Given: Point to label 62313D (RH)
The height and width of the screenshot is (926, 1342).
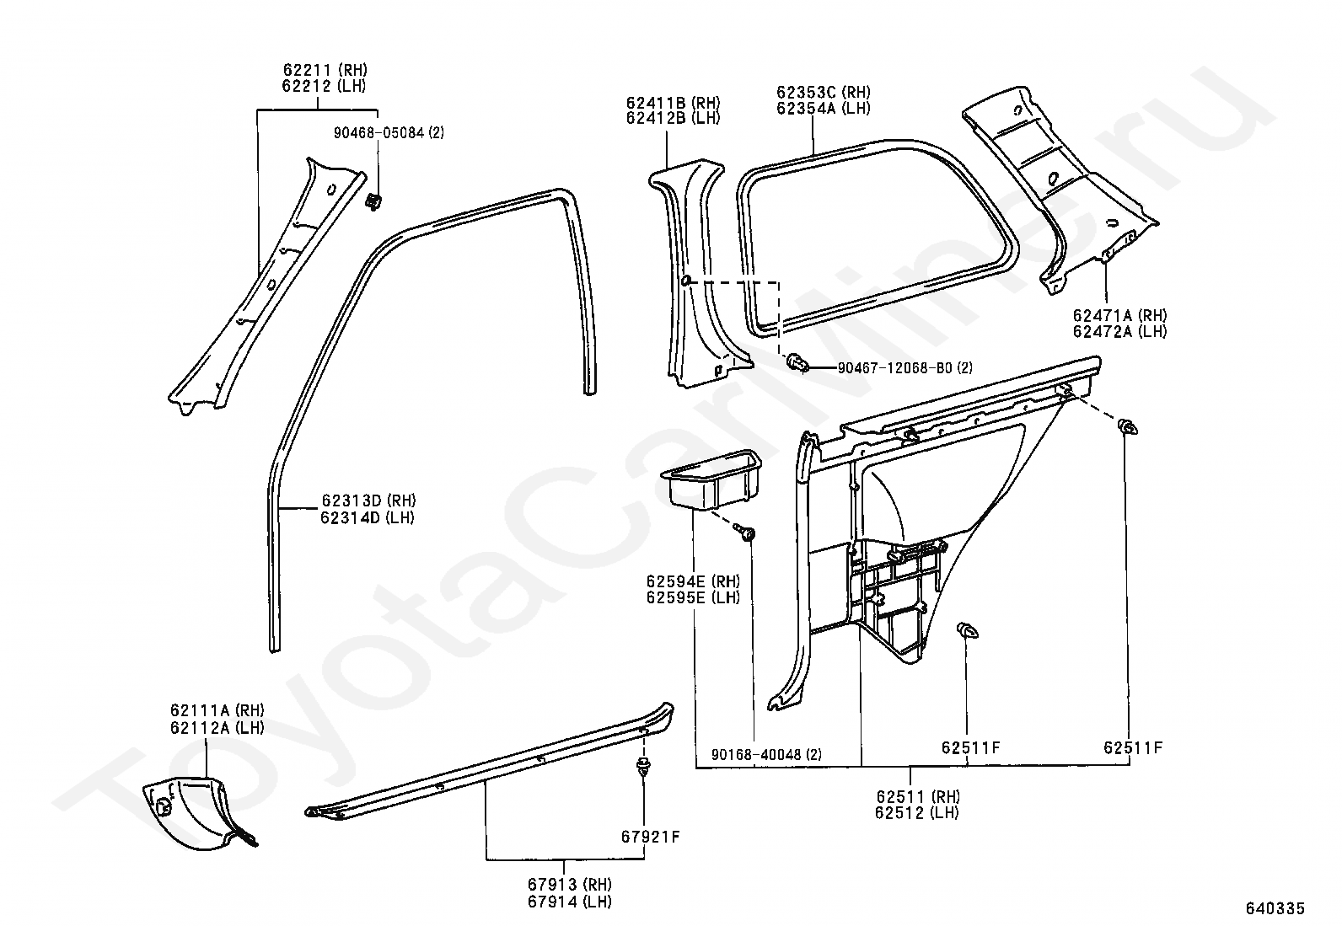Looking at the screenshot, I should [x=368, y=501].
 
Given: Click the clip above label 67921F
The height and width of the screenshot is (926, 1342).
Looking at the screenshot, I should [x=644, y=767].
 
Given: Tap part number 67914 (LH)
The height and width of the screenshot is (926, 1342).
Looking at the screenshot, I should [x=569, y=901].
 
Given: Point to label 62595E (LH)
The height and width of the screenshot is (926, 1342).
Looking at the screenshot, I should [x=693, y=597].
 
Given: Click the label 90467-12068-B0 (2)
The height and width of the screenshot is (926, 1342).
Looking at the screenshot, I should [x=905, y=368].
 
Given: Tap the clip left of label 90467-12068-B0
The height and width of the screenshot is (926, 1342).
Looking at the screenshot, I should [x=797, y=364].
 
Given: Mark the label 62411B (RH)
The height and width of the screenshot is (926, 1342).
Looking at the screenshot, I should [x=673, y=103].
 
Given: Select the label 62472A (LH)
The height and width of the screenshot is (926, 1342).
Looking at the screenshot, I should [x=1119, y=331].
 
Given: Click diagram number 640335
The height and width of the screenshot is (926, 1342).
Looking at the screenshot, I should [x=1275, y=908].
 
